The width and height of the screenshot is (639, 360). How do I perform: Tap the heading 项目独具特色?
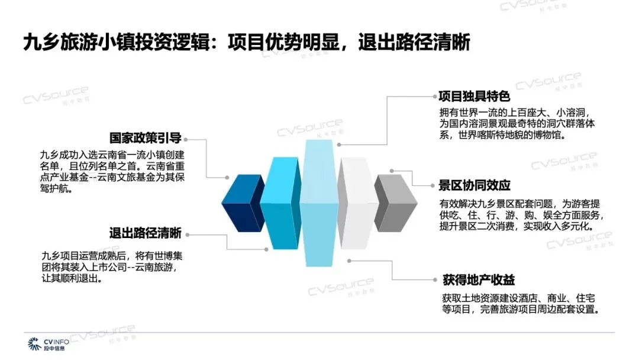click(474, 97)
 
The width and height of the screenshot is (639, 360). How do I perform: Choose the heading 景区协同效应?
click(474, 185)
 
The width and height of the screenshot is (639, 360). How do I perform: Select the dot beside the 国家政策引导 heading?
click(187, 139)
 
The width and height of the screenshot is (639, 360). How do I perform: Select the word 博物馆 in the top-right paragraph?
click(550, 136)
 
